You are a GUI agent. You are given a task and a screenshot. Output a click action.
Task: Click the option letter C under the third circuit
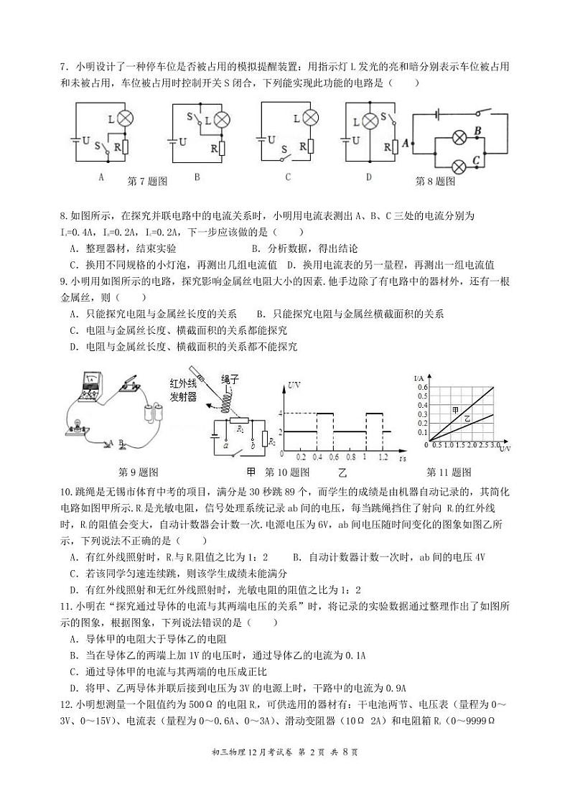click(x=287, y=177)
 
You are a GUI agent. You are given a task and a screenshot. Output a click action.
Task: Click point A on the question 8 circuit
click(x=406, y=144)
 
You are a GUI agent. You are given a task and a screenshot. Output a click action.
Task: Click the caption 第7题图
click(x=146, y=182)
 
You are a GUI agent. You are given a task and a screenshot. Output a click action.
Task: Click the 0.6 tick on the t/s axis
click(x=333, y=457)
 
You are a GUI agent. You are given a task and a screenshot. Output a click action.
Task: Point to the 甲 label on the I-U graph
click(x=455, y=410)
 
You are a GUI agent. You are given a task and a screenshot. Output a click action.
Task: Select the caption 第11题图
click(x=449, y=472)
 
